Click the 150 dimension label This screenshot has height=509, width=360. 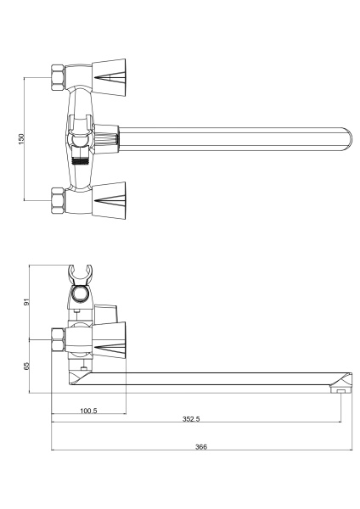tap(21, 139)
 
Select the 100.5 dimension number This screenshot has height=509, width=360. tap(88, 411)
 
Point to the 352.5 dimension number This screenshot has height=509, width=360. tap(191, 419)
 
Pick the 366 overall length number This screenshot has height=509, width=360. tap(201, 447)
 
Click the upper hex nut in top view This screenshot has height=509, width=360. tap(58, 78)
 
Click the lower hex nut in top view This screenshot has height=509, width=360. tap(58, 200)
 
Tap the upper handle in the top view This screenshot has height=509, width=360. tap(109, 77)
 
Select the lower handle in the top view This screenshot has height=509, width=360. tap(109, 200)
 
